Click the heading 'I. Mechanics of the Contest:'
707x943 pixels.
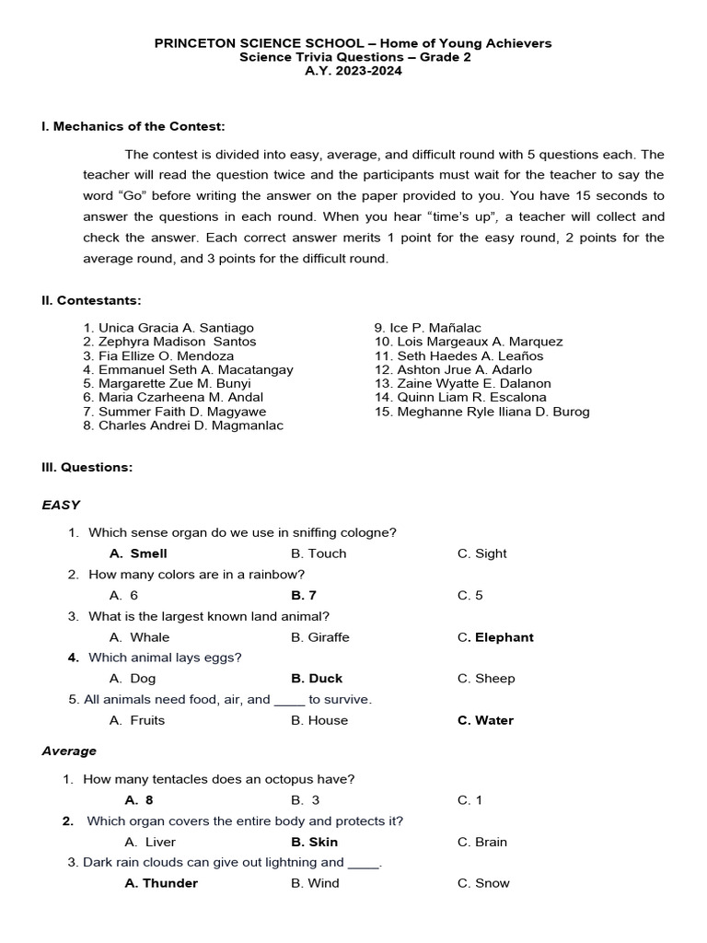point(133,126)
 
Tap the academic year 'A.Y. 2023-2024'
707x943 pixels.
point(353,71)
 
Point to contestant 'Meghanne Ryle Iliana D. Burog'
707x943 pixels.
point(493,412)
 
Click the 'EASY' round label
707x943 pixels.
point(61,505)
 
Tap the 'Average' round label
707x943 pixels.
point(69,751)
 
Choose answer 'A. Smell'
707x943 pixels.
point(138,553)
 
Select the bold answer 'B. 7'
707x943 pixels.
point(304,595)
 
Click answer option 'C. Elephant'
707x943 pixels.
point(495,637)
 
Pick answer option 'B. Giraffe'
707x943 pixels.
point(320,637)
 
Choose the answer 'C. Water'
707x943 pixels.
point(485,720)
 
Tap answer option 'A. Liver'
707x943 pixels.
point(150,842)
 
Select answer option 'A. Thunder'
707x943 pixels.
point(161,883)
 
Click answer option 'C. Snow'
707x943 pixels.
point(483,883)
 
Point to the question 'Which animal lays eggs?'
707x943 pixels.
point(165,658)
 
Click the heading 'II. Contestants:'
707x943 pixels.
point(91,300)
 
